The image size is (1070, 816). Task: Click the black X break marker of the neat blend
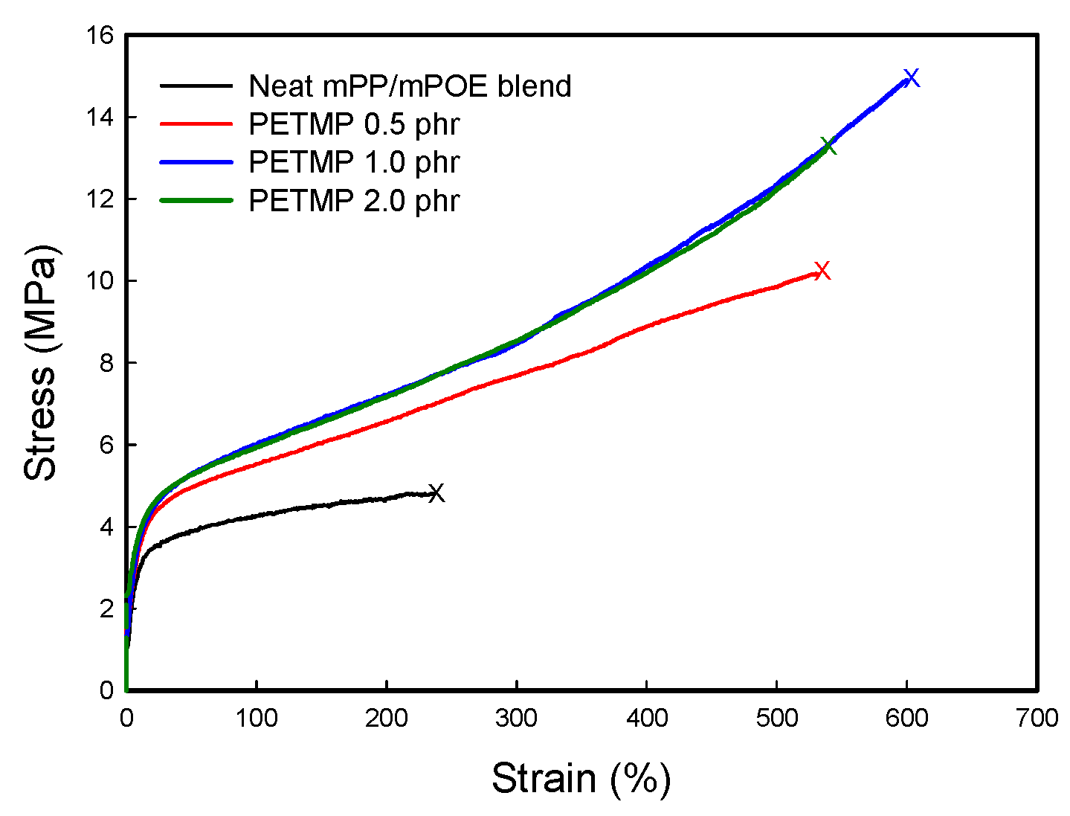point(436,492)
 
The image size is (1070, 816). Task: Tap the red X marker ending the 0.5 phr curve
point(822,270)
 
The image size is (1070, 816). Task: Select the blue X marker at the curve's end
point(912,77)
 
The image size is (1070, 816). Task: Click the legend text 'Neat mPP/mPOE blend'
point(410,86)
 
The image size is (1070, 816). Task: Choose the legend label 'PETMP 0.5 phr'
point(354,124)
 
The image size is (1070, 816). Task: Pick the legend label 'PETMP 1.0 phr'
point(354,162)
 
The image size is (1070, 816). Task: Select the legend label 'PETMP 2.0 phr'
point(354,201)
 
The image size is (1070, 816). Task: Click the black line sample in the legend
point(196,86)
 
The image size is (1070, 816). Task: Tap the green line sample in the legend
point(196,201)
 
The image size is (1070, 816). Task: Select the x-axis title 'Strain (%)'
point(581,779)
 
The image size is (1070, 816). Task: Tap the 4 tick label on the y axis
point(106,527)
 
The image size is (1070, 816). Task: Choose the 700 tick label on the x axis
point(1037,718)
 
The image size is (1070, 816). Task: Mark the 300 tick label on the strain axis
point(516,718)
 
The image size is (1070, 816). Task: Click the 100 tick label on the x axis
point(256,718)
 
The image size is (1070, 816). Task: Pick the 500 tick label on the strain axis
point(776,718)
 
